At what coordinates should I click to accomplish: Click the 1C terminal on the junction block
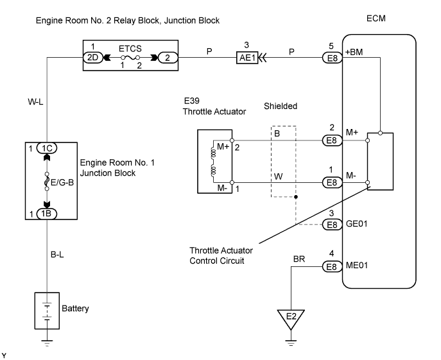[x=49, y=148]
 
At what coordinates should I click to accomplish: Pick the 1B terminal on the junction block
[x=49, y=214]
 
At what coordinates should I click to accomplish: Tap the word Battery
[x=75, y=309]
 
